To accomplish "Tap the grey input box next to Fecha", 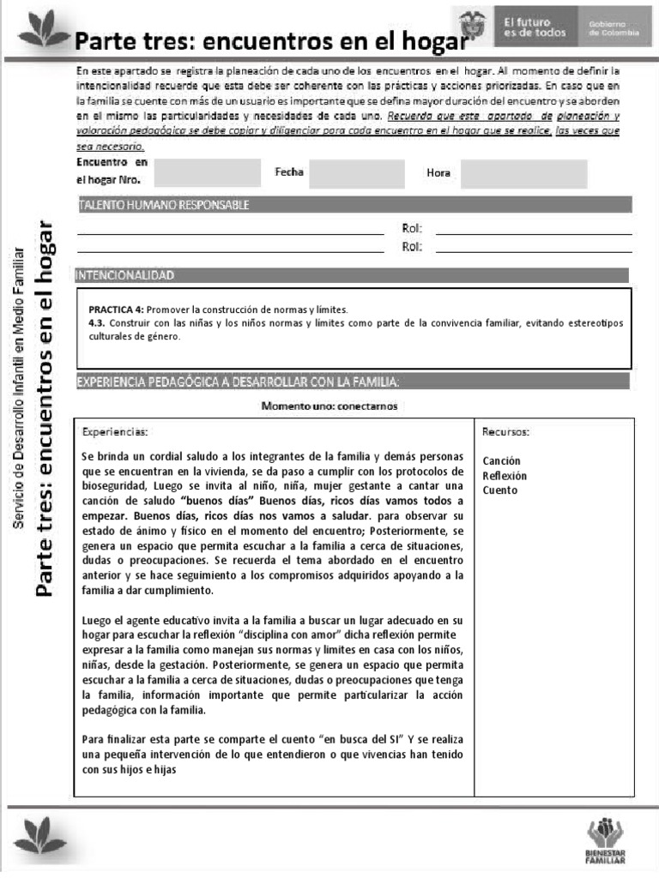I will pyautogui.click(x=344, y=173).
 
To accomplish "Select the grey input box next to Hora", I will pyautogui.click(x=523, y=173).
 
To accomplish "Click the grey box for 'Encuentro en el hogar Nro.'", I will pyautogui.click(x=206, y=172).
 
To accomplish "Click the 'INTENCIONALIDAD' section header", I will pyautogui.click(x=352, y=275).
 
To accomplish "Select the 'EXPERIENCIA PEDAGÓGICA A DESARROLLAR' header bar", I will pyautogui.click(x=352, y=382).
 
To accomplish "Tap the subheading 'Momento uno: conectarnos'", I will pyautogui.click(x=329, y=406).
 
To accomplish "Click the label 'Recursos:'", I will pyautogui.click(x=505, y=431).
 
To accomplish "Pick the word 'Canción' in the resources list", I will pyautogui.click(x=501, y=461).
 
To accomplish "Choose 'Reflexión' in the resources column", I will pyautogui.click(x=505, y=476).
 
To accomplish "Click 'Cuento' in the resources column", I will pyautogui.click(x=499, y=490).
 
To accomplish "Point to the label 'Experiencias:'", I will pyautogui.click(x=115, y=431).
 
